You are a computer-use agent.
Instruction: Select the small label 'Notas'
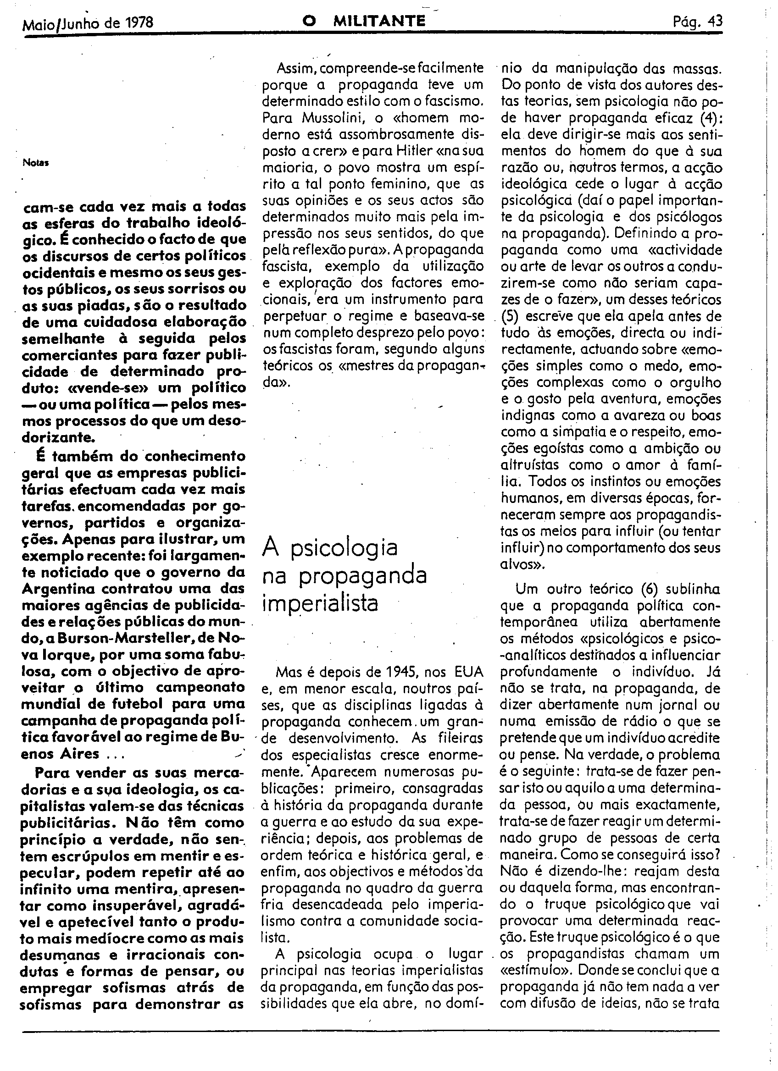point(36,163)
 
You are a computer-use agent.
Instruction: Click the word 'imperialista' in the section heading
point(320,604)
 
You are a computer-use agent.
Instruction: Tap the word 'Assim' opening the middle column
point(297,68)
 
